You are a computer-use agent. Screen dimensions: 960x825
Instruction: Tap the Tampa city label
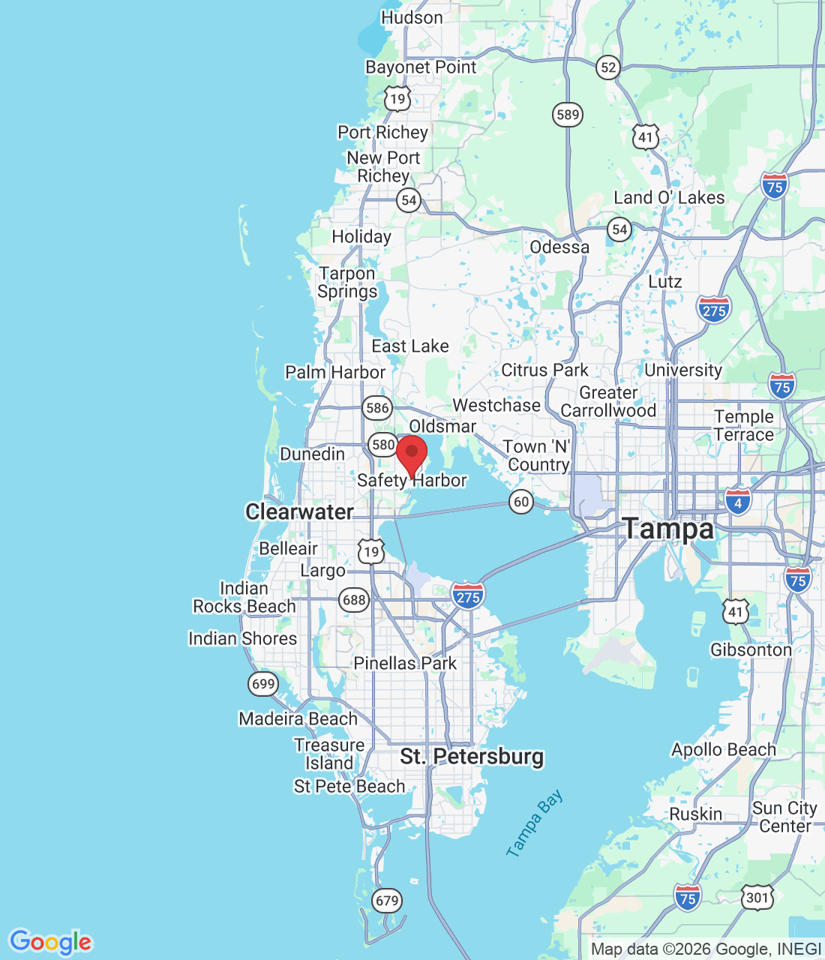[x=668, y=529]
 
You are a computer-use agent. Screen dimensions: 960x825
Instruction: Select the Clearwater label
[x=299, y=512]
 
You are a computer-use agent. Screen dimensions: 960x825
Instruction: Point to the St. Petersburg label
[x=472, y=756]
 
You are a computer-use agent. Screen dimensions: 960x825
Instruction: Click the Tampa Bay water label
[x=534, y=824]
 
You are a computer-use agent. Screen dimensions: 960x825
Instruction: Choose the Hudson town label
[x=412, y=17]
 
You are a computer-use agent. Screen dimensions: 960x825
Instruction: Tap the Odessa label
[x=559, y=247]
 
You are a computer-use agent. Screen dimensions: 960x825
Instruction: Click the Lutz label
[x=665, y=282]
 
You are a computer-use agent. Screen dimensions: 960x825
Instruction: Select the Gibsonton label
[x=751, y=650]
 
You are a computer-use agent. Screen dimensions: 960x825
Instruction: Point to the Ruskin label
[x=696, y=814]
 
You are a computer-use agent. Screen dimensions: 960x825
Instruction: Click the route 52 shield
[x=608, y=68]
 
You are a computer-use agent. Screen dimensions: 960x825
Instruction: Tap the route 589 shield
[x=568, y=115]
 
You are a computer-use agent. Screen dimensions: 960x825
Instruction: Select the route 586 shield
[x=376, y=408]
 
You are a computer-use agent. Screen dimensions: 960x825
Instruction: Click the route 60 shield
[x=521, y=502]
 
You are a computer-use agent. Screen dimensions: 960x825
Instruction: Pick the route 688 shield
[x=354, y=600]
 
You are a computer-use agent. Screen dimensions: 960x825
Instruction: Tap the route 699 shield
[x=263, y=683]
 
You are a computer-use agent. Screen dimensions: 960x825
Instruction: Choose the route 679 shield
[x=387, y=901]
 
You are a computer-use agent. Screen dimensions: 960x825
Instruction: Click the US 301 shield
[x=757, y=898]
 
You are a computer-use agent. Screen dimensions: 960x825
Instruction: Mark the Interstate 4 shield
[x=738, y=502]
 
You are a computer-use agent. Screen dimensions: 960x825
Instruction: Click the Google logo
[x=50, y=942]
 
